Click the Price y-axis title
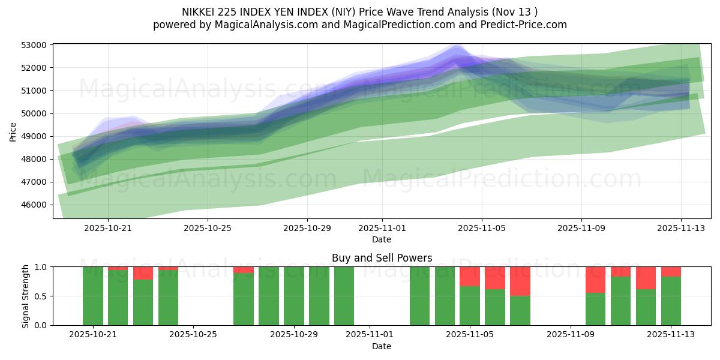pos(13,131)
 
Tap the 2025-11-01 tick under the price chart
pos(382,228)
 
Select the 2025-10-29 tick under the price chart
pos(307,228)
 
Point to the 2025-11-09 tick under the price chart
pos(581,228)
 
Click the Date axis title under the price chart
pos(382,239)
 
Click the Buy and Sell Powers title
pos(382,258)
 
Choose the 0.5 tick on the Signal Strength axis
pos(42,296)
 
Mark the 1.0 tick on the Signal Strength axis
pos(42,267)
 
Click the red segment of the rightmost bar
pos(671,271)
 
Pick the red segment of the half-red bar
pos(520,281)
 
